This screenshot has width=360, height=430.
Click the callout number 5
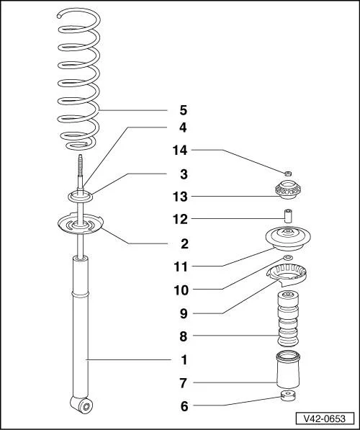184,110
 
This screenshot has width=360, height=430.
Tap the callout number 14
180,151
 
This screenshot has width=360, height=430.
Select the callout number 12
180,219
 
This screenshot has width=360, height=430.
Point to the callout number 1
184,359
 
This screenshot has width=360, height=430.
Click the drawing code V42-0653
325,418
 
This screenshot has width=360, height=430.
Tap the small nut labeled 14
287,174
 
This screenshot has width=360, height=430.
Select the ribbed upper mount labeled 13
287,189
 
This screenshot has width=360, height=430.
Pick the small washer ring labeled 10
287,258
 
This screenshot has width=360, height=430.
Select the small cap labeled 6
288,395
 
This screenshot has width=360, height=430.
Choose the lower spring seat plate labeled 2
80,223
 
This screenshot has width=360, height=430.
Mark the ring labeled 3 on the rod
80,197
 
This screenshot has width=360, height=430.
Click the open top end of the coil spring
59,17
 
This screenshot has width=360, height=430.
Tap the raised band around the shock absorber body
80,295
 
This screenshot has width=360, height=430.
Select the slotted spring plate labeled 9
287,275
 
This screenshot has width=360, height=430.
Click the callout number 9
184,313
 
